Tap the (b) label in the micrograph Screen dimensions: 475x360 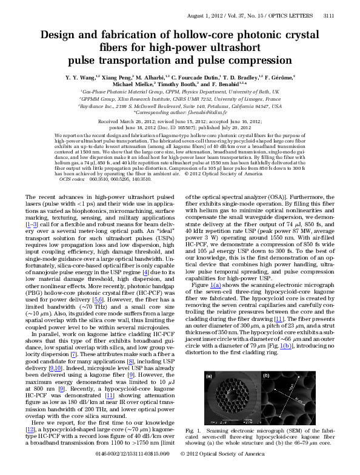coord(266,376)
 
